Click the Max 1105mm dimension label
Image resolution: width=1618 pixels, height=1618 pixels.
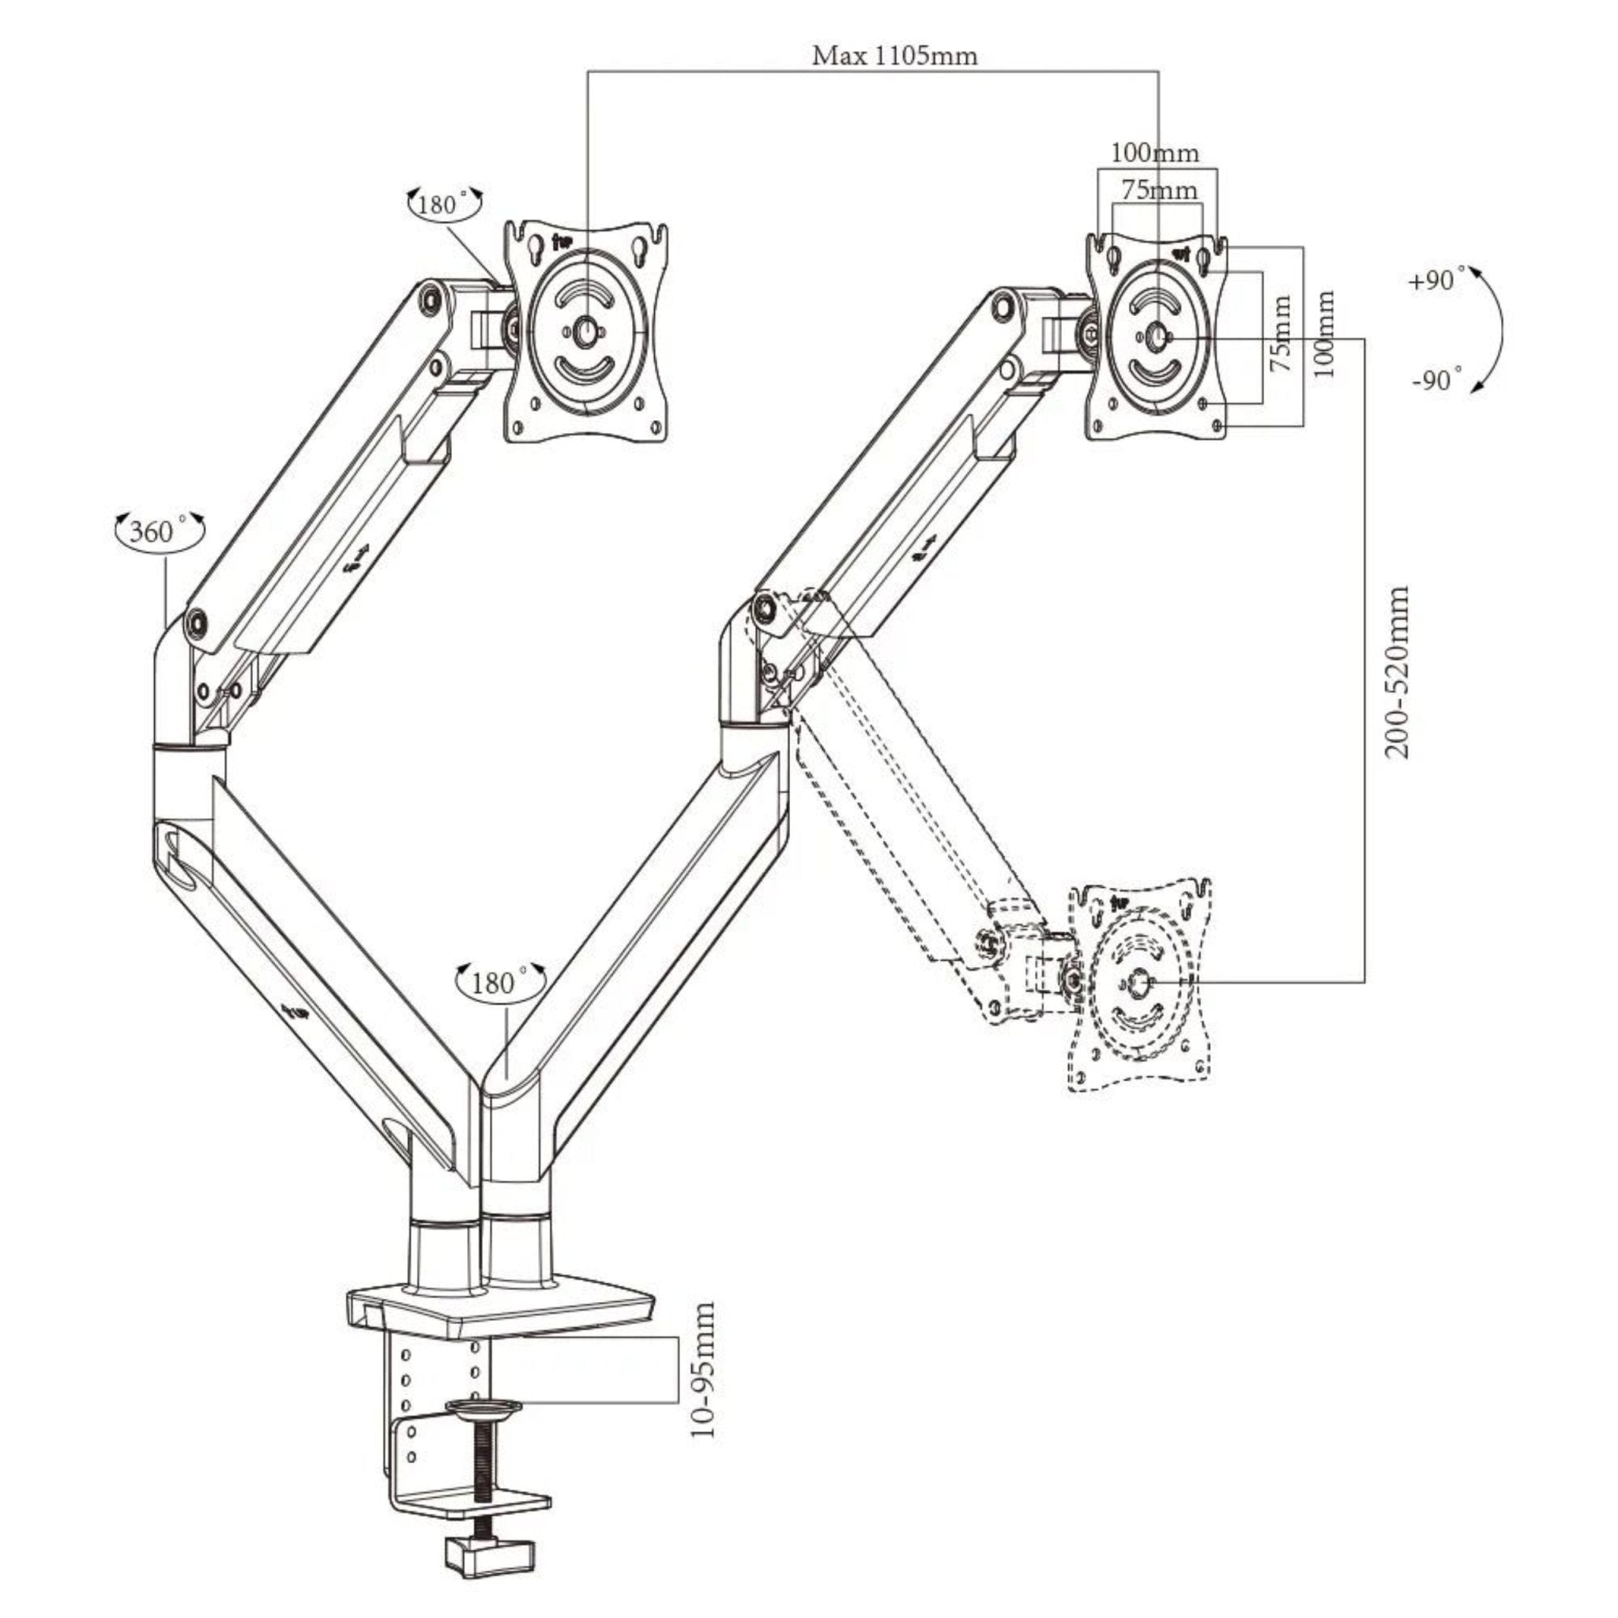(894, 56)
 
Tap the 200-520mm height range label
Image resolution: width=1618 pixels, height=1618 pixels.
(1397, 672)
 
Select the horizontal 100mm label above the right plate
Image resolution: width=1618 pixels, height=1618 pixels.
(1155, 153)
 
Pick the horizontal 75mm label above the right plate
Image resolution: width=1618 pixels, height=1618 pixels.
(1159, 190)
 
